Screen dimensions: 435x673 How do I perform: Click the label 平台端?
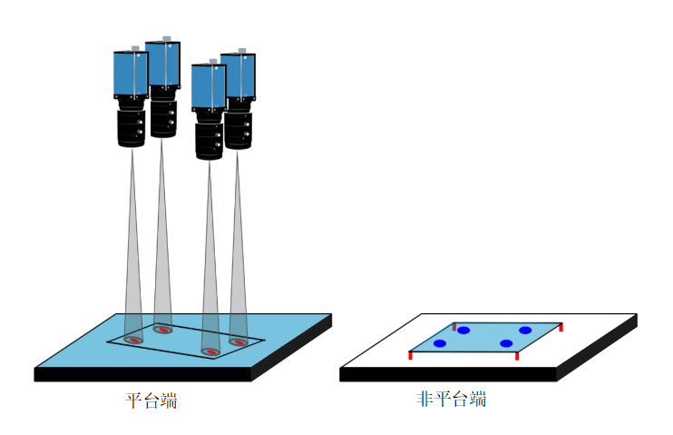pyautogui.click(x=151, y=400)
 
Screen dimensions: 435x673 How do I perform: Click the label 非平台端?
pyautogui.click(x=451, y=400)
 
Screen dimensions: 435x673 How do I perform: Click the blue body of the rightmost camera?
pyautogui.click(x=239, y=78)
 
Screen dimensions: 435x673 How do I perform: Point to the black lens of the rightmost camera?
pyautogui.click(x=239, y=127)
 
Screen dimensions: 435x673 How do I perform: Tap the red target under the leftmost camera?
pyautogui.click(x=133, y=340)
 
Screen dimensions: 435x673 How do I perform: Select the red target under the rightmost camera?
pyautogui.click(x=239, y=342)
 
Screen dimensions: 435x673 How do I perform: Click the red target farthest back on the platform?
pyautogui.click(x=163, y=330)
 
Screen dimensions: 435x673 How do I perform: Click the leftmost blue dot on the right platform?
pyautogui.click(x=440, y=343)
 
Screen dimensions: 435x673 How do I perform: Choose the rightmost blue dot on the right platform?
pyautogui.click(x=525, y=330)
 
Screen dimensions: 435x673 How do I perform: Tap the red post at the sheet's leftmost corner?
pyautogui.click(x=411, y=355)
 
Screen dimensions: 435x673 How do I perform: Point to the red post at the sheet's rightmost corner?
pyautogui.click(x=561, y=326)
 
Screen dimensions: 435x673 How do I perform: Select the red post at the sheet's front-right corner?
pyautogui.click(x=517, y=356)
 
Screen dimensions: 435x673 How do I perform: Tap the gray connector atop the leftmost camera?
pyautogui.click(x=135, y=47)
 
